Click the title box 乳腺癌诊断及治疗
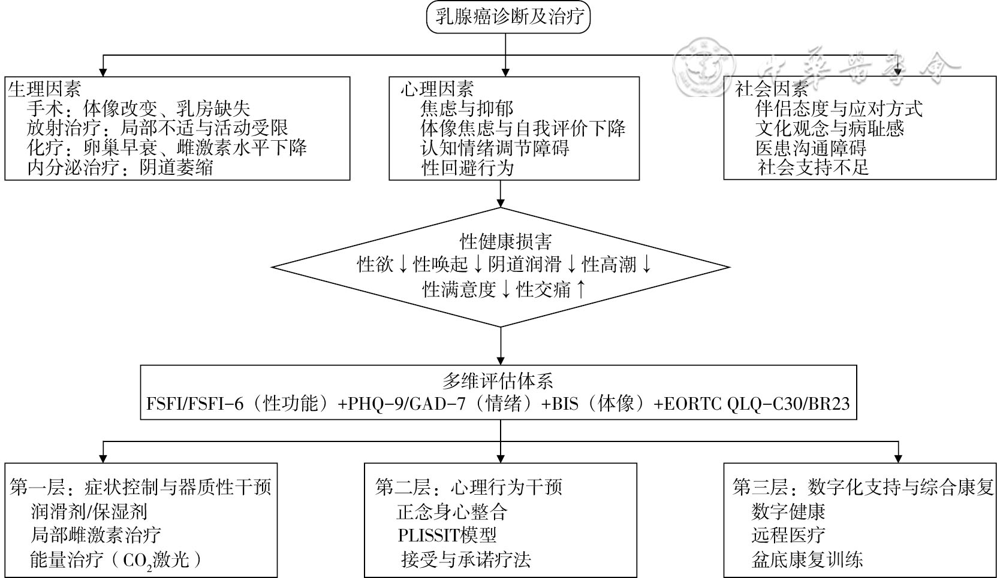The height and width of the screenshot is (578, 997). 508,17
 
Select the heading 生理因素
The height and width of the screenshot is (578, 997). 44,89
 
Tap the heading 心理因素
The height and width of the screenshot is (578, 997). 437,89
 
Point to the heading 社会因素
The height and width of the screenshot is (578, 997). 772,89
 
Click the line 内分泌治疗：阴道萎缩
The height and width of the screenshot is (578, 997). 120,168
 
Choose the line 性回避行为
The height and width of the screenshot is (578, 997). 468,168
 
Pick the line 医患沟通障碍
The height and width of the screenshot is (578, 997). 811,147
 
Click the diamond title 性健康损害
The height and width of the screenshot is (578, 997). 505,242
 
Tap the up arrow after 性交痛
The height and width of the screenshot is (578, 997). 580,289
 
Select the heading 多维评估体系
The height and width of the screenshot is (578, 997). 498,382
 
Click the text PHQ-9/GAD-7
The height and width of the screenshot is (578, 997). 406,404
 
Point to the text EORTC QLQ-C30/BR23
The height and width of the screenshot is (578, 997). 757,404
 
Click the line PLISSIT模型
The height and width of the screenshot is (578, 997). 447,535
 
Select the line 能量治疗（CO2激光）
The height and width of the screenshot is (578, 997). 115,560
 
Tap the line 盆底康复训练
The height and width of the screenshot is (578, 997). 807,559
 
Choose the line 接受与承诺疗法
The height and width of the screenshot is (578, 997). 466,559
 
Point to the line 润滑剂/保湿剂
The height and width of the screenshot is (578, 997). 89,512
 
